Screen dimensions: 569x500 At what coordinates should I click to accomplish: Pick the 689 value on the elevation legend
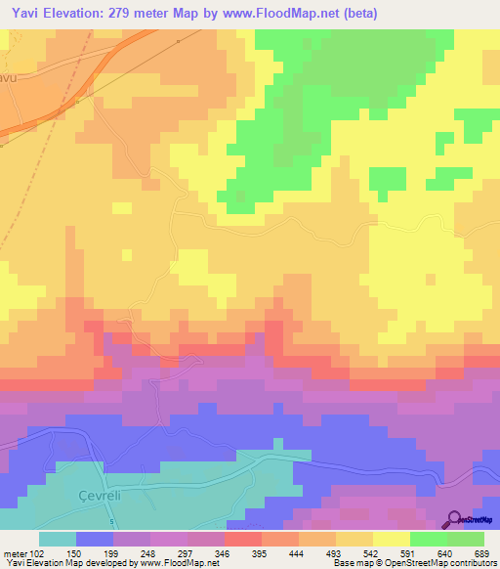[x=475, y=554]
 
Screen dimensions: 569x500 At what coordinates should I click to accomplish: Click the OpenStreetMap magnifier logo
[x=455, y=520]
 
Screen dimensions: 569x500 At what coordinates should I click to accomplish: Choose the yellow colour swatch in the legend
[x=391, y=539]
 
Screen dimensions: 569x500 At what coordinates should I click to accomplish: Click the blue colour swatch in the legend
[x=94, y=539]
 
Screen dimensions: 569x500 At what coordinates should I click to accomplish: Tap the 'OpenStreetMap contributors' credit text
[x=430, y=564]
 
